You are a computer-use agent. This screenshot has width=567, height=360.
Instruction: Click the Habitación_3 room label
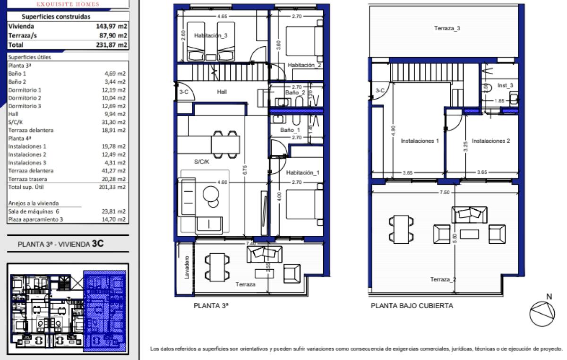point(211,35)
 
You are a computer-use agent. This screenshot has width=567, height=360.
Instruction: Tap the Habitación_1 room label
point(303,173)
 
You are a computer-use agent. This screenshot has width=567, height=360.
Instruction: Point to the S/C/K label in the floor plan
point(202,162)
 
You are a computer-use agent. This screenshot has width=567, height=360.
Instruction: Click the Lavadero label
point(187,267)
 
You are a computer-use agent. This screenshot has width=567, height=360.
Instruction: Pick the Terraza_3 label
point(447,28)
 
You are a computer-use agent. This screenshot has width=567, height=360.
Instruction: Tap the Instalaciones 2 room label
point(491,141)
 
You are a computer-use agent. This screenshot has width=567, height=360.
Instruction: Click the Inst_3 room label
point(506,86)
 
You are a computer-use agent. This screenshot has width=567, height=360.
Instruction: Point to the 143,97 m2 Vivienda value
point(112,26)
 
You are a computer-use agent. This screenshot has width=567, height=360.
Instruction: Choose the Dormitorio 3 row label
point(25,106)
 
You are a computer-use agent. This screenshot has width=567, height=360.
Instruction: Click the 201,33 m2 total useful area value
point(115,187)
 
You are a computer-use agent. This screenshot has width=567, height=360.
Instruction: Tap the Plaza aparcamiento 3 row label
point(35,219)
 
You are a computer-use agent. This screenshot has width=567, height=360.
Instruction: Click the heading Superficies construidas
point(56,17)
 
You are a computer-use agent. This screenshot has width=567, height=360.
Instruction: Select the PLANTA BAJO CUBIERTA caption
point(412,306)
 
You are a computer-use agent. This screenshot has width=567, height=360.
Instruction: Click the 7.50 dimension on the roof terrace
point(444,192)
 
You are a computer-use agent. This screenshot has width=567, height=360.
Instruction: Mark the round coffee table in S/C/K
point(210,194)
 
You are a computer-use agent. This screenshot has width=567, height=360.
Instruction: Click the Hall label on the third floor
point(222,92)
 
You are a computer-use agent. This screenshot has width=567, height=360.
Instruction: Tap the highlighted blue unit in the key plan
point(104,312)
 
